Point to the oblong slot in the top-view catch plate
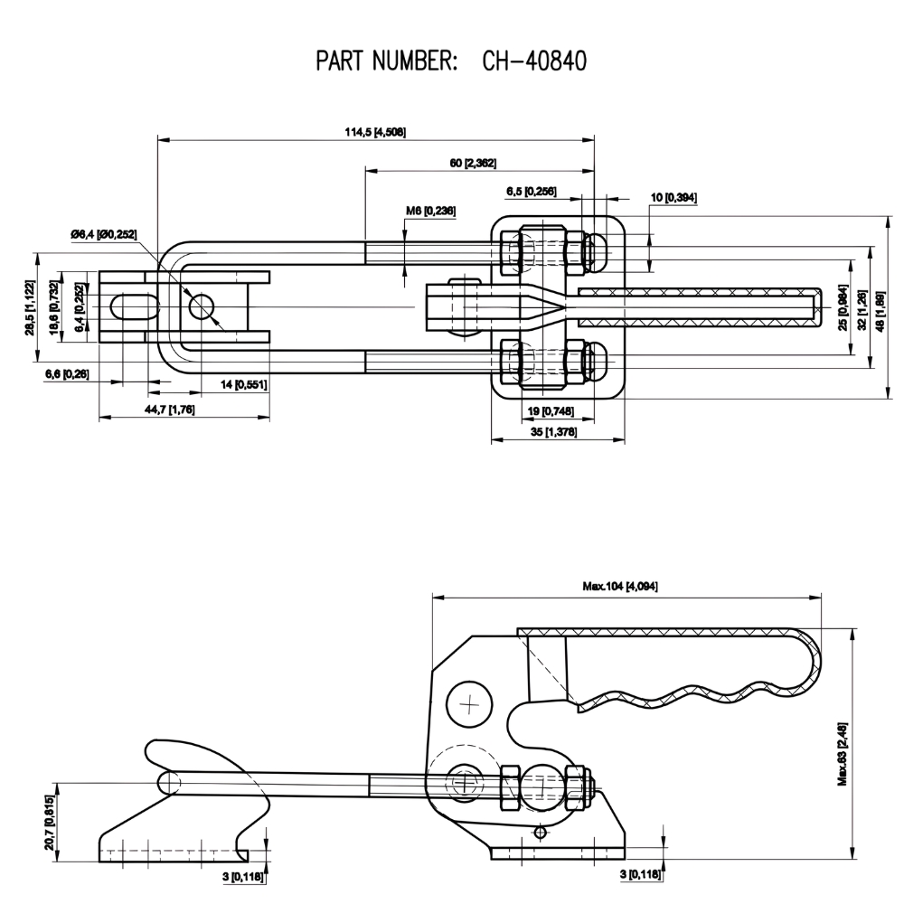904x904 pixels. pos(127,307)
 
